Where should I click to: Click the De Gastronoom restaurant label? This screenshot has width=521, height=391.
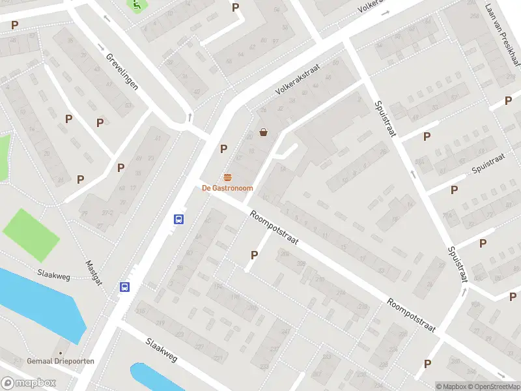(x=227, y=188)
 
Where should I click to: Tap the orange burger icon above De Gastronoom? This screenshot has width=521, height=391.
(x=227, y=178)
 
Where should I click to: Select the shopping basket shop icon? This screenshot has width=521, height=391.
(x=263, y=132)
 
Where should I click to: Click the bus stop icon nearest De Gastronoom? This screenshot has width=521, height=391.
(x=178, y=220)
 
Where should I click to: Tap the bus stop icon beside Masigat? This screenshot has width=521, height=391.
(x=124, y=287)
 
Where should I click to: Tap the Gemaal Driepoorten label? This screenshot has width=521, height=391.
(x=61, y=361)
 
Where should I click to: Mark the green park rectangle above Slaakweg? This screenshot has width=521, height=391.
(x=26, y=231)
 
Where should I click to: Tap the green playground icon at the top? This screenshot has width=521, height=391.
(x=136, y=5)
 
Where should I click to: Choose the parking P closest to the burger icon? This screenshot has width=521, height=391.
(x=223, y=149)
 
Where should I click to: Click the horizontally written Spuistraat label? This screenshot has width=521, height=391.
(x=489, y=164)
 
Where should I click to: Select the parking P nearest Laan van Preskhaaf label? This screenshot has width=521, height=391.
(x=508, y=100)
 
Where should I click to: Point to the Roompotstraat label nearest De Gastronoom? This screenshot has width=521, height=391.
(x=274, y=227)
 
